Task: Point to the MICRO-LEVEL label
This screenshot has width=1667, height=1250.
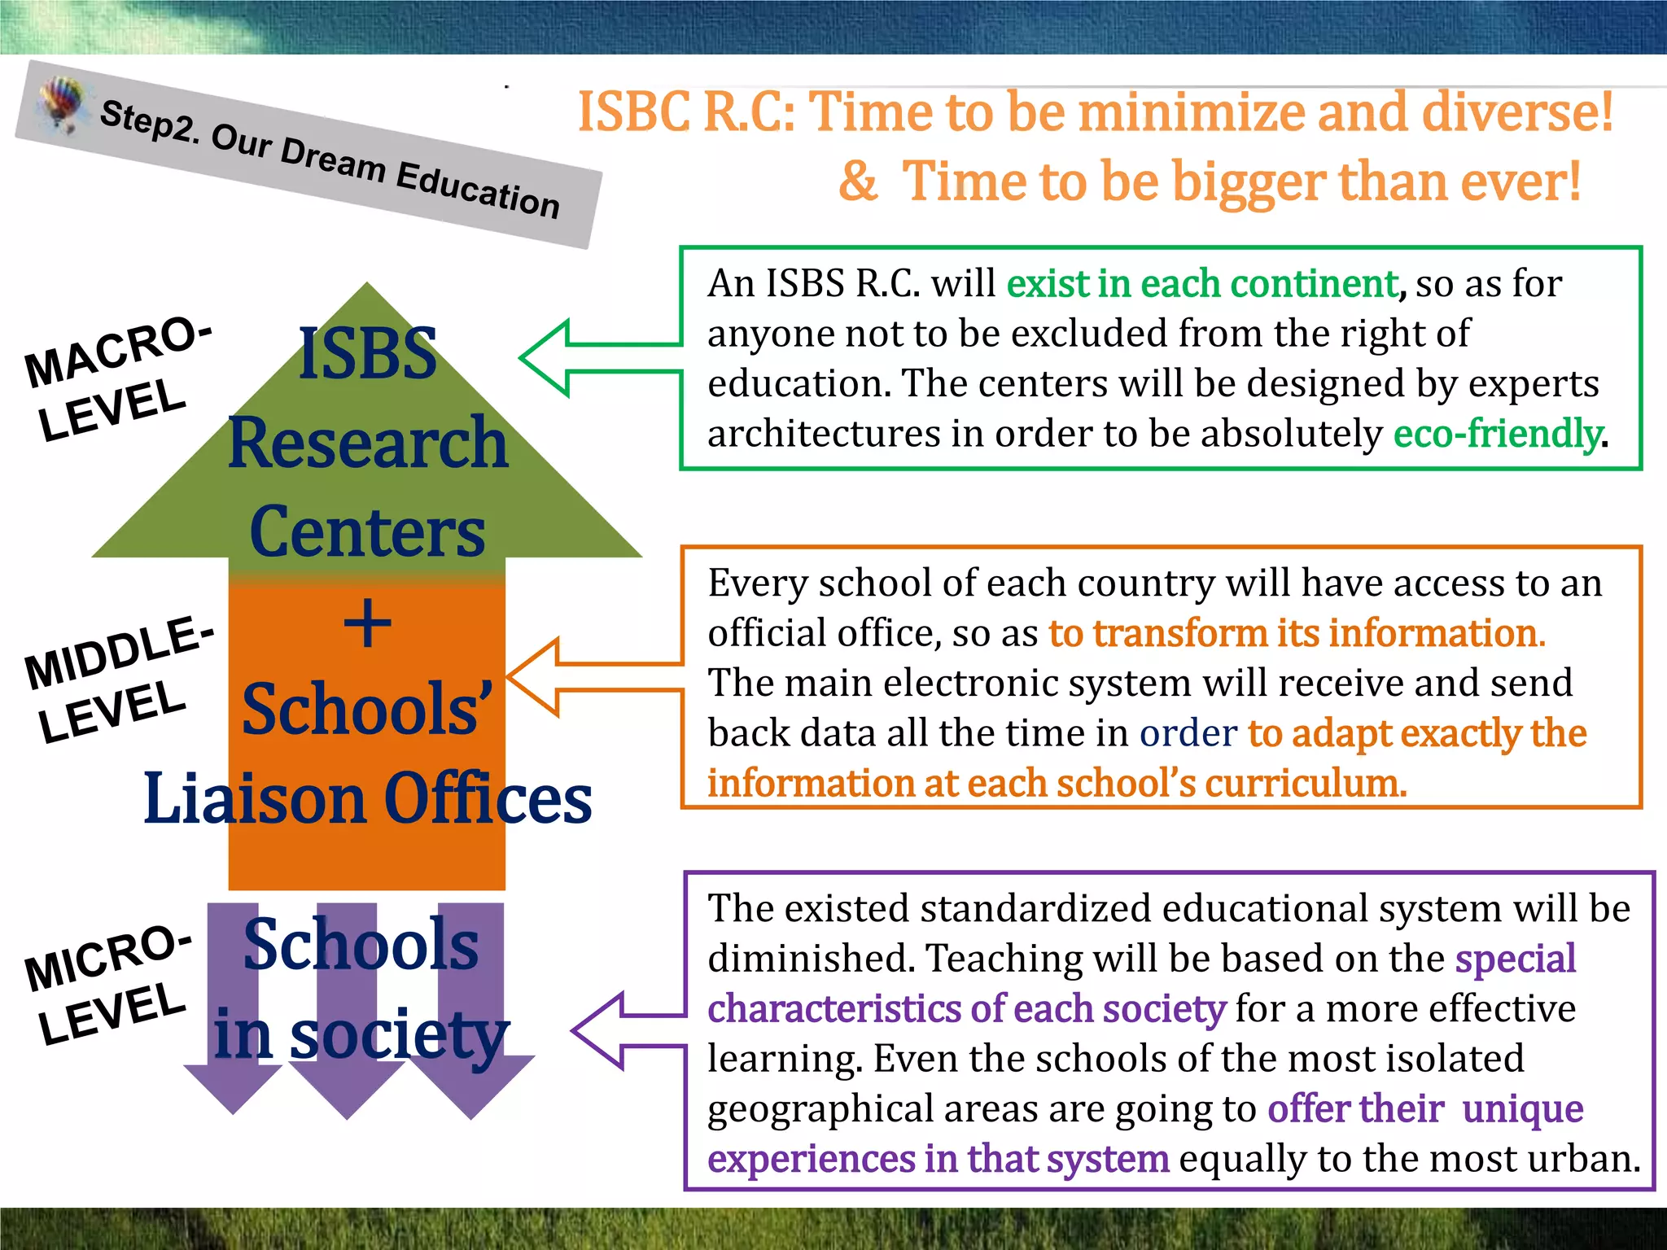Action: [x=110, y=984]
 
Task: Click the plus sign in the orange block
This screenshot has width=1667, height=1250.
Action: [x=367, y=624]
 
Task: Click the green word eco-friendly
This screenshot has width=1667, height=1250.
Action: [x=1497, y=434]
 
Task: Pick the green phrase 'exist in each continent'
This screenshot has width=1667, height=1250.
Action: [x=1202, y=284]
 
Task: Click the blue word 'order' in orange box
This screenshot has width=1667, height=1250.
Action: [x=1188, y=733]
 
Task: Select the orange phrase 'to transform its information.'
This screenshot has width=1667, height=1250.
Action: [x=1297, y=633]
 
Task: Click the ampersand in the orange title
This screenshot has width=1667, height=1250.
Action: [x=858, y=181]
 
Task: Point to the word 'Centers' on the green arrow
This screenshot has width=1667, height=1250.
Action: [x=367, y=531]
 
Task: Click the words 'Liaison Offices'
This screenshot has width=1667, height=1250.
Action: [x=367, y=798]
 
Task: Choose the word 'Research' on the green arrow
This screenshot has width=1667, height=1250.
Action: [x=368, y=443]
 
